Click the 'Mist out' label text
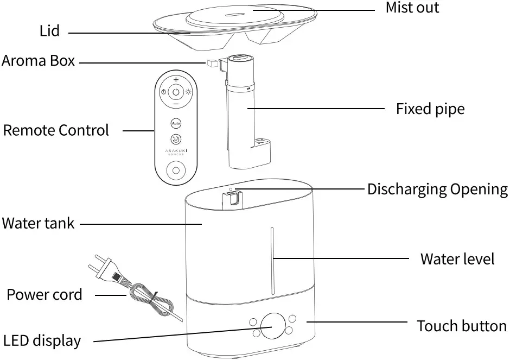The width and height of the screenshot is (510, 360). click(x=412, y=8)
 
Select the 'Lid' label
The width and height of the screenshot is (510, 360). click(x=49, y=31)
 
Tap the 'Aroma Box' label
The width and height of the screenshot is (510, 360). click(x=38, y=60)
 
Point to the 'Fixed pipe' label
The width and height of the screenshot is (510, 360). click(x=430, y=109)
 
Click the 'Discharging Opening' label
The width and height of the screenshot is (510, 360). click(x=437, y=189)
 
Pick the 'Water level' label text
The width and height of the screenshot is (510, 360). click(x=457, y=258)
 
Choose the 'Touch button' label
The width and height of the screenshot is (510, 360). click(x=461, y=326)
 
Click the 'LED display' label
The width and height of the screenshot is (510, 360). click(x=42, y=341)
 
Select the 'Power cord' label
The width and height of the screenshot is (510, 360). click(x=44, y=295)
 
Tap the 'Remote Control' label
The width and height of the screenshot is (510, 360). click(x=56, y=130)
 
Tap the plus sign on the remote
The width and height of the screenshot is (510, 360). click(x=176, y=80)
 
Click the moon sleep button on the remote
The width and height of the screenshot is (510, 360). click(x=176, y=139)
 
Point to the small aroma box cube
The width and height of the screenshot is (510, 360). click(x=211, y=64)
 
